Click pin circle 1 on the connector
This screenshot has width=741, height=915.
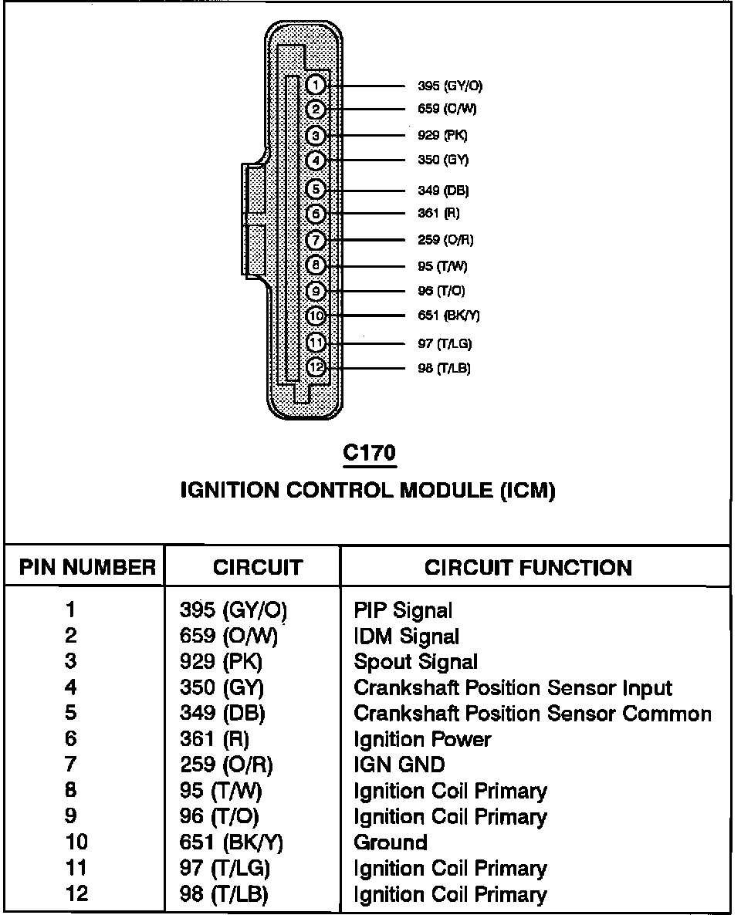point(315,85)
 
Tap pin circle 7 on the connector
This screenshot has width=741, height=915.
point(315,240)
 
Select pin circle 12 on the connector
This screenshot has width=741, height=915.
point(315,368)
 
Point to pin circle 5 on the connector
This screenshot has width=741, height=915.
point(315,189)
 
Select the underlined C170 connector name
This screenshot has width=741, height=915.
point(369,453)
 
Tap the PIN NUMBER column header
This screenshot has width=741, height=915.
point(87,569)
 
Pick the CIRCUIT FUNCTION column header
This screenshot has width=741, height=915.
point(528,569)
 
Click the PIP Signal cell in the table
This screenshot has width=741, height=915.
point(403,611)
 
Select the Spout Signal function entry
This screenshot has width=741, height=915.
point(415,662)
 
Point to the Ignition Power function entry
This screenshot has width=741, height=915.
point(422,740)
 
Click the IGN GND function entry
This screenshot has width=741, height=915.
point(399,765)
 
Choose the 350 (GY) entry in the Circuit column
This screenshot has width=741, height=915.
point(222,688)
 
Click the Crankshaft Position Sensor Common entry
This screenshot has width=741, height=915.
point(532,714)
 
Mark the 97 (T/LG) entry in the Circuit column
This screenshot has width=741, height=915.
point(225,869)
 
